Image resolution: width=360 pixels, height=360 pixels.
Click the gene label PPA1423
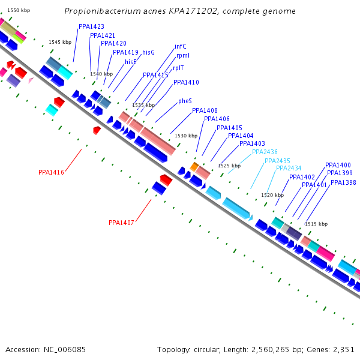[91, 27]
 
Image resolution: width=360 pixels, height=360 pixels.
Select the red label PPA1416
[51, 173]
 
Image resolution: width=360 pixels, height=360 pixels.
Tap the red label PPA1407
[121, 223]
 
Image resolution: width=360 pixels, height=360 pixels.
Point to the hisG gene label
[149, 53]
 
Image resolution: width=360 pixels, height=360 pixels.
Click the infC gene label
[181, 46]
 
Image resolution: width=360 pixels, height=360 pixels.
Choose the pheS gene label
[185, 101]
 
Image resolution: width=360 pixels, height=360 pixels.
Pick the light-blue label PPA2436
[265, 152]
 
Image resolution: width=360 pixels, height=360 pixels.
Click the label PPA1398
[343, 183]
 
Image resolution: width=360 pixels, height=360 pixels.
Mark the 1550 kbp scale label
[18, 11]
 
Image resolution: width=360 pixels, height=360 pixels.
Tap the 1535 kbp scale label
[143, 105]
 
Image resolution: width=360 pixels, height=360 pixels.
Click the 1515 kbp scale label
[316, 224]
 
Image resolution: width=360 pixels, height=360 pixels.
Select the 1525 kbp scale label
[229, 166]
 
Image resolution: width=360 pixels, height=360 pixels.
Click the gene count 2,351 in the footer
[343, 349]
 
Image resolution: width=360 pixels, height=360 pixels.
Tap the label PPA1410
[186, 83]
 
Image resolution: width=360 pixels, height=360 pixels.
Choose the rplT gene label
[179, 68]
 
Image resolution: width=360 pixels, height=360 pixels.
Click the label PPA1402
[302, 178]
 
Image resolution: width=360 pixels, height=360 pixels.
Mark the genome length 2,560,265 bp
[281, 349]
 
